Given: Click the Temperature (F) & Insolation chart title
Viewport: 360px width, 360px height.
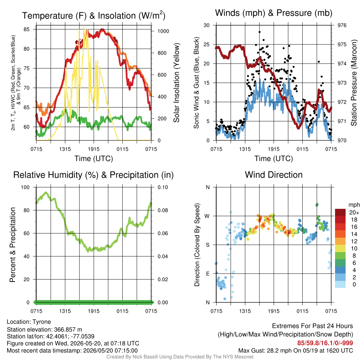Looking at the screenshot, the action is pos(94,15).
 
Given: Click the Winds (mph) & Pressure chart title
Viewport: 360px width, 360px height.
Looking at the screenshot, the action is pos(274,13).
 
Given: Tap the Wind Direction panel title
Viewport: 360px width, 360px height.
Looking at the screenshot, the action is pos(274,175).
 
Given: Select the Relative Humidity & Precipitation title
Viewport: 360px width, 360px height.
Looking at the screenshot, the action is pos(94,175).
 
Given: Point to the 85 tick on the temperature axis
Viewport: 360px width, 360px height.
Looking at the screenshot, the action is pos(26,30).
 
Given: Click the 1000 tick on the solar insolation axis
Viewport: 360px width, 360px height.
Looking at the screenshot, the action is pos(163,31).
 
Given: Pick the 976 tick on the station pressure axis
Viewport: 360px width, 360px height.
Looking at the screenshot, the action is pos(342,25).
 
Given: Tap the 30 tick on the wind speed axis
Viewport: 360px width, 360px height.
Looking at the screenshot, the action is pos(207,25).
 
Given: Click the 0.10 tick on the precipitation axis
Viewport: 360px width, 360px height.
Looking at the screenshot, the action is pos(163,187).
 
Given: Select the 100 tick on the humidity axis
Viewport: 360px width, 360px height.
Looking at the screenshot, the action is pos(25,187).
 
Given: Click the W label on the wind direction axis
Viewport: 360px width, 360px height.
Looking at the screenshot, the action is pos(207,216).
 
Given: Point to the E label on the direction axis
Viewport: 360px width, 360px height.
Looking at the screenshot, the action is pos(208,274).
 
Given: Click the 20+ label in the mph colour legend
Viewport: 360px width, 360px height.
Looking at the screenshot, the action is pos(354,213).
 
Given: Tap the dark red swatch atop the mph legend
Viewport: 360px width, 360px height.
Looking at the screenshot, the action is pos(340,212).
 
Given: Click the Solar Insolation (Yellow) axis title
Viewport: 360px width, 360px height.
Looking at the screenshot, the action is pos(176,83).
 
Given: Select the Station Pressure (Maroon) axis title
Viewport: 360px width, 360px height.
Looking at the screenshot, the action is pos(354,83).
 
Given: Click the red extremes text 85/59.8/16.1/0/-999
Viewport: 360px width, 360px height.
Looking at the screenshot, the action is pos(325,343).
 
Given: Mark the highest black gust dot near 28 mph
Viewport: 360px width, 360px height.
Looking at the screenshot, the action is pos(259,32).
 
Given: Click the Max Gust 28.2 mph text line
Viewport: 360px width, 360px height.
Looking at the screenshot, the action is pos(296,351).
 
